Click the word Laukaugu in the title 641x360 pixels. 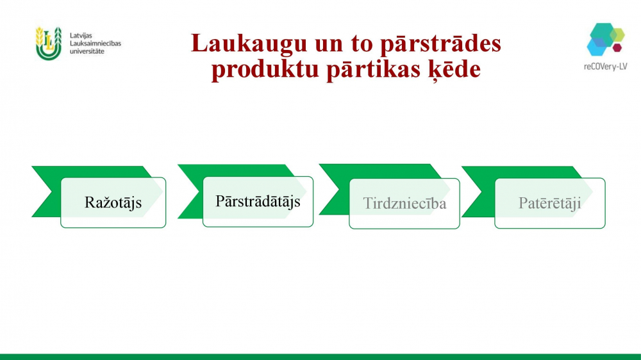point(249,44)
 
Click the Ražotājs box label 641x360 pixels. point(113,202)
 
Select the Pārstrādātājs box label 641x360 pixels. point(258,201)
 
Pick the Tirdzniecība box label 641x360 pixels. point(404,204)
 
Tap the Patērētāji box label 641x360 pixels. point(550,203)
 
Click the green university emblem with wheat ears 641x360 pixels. point(49,44)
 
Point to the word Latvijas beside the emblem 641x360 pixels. point(81,35)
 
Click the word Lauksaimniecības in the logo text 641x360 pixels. point(96,44)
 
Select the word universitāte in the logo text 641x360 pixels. point(87,51)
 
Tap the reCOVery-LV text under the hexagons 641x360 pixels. point(606,66)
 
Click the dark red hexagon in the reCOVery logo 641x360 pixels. point(617,47)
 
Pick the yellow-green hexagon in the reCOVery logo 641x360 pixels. point(618,35)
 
